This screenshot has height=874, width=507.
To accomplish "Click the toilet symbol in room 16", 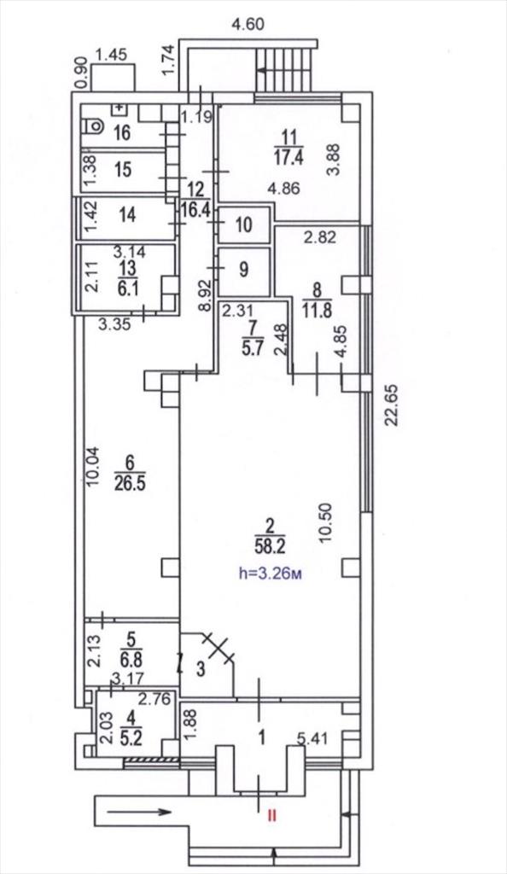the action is tap(93, 126).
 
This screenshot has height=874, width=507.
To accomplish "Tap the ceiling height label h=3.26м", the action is tap(271, 574).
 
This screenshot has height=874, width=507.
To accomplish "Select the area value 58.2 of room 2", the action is tap(271, 547).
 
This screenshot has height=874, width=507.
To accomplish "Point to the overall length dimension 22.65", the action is tap(393, 404).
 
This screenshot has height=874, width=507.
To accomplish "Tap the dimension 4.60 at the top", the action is tap(248, 24).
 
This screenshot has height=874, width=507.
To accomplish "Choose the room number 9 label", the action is tap(244, 271).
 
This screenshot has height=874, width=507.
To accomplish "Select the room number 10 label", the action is tap(244, 224).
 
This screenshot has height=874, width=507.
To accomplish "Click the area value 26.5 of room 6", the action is tap(130, 482).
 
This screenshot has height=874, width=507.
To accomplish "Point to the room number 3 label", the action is tap(201, 669).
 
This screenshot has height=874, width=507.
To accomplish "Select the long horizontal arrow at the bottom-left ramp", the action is tap(139, 812).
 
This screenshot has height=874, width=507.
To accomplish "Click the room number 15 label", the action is tap(123, 170).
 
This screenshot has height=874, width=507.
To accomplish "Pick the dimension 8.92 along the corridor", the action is tap(207, 295).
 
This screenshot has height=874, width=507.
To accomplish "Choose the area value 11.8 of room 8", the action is tap(317, 308).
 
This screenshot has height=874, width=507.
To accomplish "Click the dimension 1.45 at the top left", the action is tap(112, 54).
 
